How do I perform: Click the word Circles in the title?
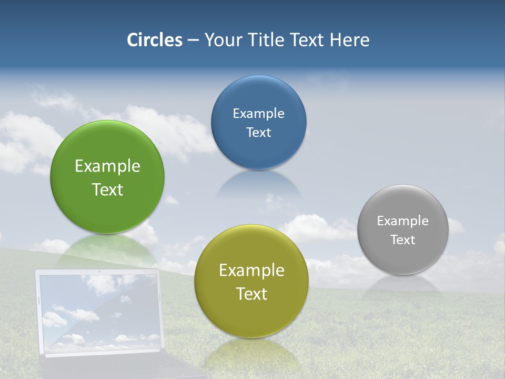tap(155, 40)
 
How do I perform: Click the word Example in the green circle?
tap(107, 166)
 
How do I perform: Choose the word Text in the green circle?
tap(107, 189)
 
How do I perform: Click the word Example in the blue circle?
tap(258, 114)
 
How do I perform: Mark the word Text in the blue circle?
tap(258, 133)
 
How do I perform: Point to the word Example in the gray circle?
tap(403, 221)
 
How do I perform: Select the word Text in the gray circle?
tap(403, 240)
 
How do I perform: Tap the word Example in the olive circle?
tap(251, 271)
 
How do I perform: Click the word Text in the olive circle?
tap(251, 294)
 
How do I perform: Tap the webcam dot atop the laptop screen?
tap(98, 272)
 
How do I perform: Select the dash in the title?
tap(193, 41)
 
